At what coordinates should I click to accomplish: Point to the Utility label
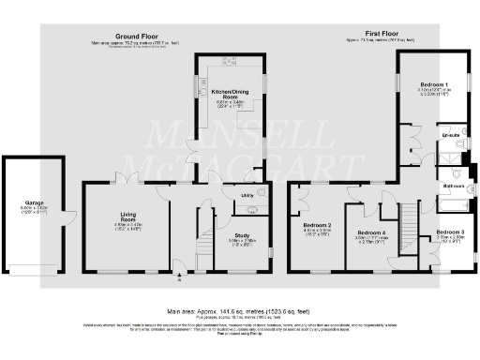click(x=248, y=195)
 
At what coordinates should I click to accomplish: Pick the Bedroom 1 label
click(x=433, y=84)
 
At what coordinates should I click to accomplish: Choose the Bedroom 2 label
click(x=318, y=226)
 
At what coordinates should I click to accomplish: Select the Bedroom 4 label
click(x=371, y=232)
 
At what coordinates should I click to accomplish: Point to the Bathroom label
click(x=455, y=186)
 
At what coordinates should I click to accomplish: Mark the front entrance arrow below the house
click(x=178, y=277)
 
